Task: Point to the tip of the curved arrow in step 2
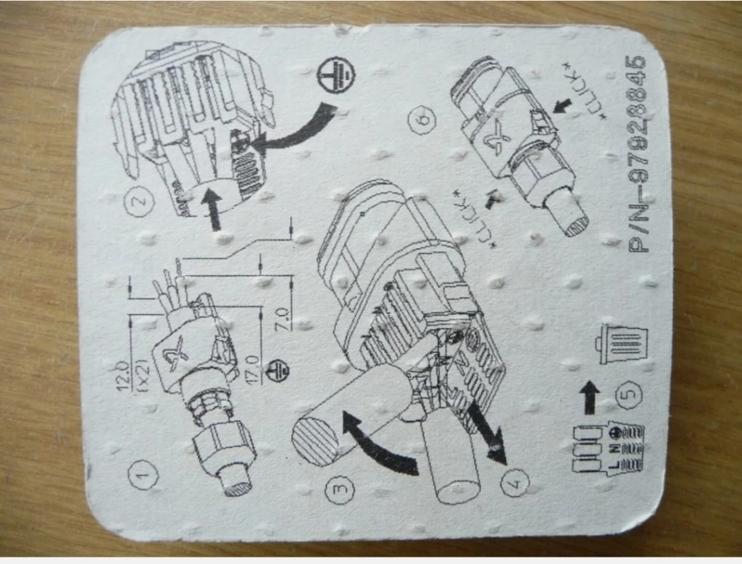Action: point(251,140)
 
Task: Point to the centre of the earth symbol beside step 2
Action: point(336,75)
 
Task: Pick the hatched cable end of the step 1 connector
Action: point(238,486)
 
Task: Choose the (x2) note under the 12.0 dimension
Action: point(143,376)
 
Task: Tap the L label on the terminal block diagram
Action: point(614,465)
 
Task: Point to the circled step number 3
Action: point(339,489)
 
